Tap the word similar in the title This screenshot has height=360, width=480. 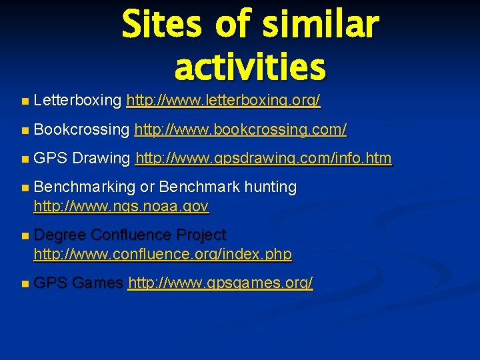pos(319,25)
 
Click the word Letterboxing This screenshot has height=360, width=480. pos(77,101)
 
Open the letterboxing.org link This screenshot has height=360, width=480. pos(223,101)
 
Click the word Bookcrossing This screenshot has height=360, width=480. pos(81,130)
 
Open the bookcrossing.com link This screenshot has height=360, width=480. pos(240,130)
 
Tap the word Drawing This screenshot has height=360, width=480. pos(101,159)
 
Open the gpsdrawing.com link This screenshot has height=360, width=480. pos(263,159)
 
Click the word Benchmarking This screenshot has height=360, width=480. pos(85,188)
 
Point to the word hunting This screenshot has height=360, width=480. pos(270,188)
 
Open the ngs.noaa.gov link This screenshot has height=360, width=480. pos(121,207)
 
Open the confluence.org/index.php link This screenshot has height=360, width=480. pos(163,254)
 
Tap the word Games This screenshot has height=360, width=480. pos(97,283)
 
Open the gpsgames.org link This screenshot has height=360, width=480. pos(220,283)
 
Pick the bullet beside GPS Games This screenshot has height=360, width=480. pos(25,284)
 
